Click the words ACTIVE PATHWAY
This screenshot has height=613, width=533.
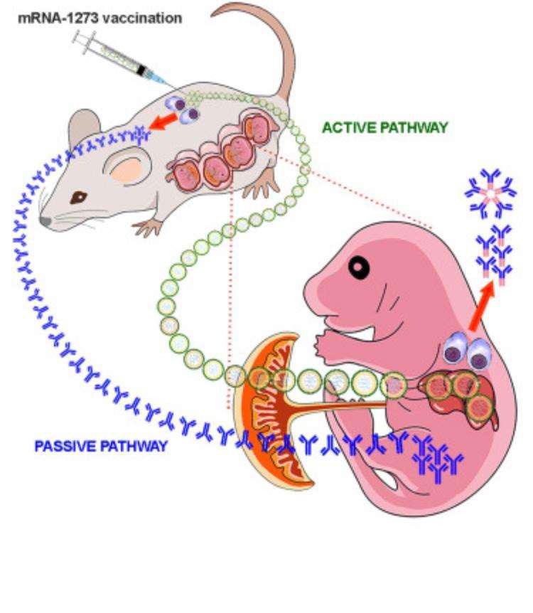[385, 128]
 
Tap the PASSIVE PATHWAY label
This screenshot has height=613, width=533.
[101, 447]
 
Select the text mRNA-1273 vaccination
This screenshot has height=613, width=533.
[99, 18]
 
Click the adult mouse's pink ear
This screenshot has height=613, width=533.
[125, 170]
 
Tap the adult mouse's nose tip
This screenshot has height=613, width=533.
[45, 221]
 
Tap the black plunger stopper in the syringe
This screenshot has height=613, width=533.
[144, 69]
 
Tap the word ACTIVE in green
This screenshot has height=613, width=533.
[348, 128]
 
